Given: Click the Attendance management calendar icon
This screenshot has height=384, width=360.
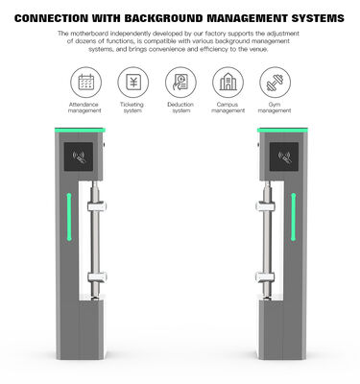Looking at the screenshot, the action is pyautogui.click(x=84, y=82).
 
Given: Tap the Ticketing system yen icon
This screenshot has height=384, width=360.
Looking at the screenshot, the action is pyautogui.click(x=132, y=82).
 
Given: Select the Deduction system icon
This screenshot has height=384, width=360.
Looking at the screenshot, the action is pyautogui.click(x=180, y=82).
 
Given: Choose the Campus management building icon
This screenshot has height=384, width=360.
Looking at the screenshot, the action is pyautogui.click(x=228, y=82).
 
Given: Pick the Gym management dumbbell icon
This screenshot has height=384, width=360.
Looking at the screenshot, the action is pyautogui.click(x=276, y=82).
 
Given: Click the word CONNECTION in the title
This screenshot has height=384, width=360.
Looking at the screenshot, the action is pyautogui.click(x=58, y=17).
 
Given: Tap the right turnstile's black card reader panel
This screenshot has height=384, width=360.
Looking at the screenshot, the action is pyautogui.click(x=282, y=156).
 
